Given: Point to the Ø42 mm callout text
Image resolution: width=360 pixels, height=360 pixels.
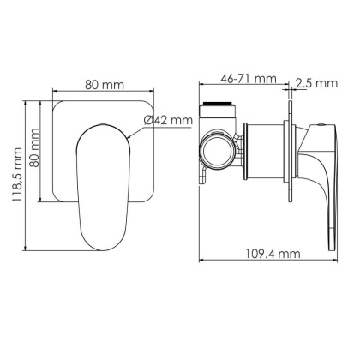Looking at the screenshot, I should pyautogui.click(x=166, y=120).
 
